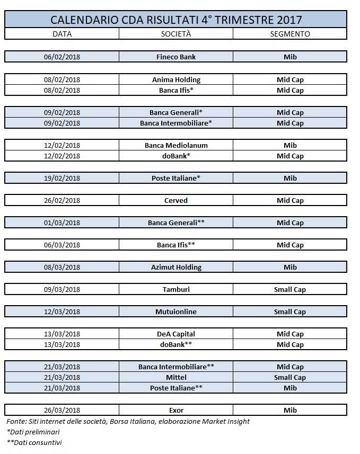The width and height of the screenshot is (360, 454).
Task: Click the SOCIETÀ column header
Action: [175, 34]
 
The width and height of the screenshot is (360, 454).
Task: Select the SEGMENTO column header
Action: [289, 34]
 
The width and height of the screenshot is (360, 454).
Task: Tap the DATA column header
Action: [62, 34]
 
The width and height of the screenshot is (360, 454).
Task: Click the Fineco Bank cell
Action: [176, 57]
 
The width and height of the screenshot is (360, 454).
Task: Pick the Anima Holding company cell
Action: [176, 80]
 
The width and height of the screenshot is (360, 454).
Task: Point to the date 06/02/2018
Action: [62, 57]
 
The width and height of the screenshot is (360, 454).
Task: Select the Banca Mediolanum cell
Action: [176, 146]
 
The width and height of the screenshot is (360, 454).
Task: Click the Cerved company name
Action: [176, 201]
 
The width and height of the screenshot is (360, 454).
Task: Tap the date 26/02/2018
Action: [62, 201]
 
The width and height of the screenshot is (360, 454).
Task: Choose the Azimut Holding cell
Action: [176, 268]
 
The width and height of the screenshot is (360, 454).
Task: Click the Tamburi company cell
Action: [176, 290]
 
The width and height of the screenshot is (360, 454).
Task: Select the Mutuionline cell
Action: [176, 312]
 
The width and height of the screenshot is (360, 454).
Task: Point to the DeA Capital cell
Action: [176, 334]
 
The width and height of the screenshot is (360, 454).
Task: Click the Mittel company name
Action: [176, 378]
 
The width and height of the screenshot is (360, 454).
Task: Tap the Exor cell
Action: [176, 411]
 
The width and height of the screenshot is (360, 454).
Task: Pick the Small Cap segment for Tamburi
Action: [289, 290]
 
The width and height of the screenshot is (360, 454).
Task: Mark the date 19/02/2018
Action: [62, 179]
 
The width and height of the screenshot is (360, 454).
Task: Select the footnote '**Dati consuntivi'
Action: [34, 442]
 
